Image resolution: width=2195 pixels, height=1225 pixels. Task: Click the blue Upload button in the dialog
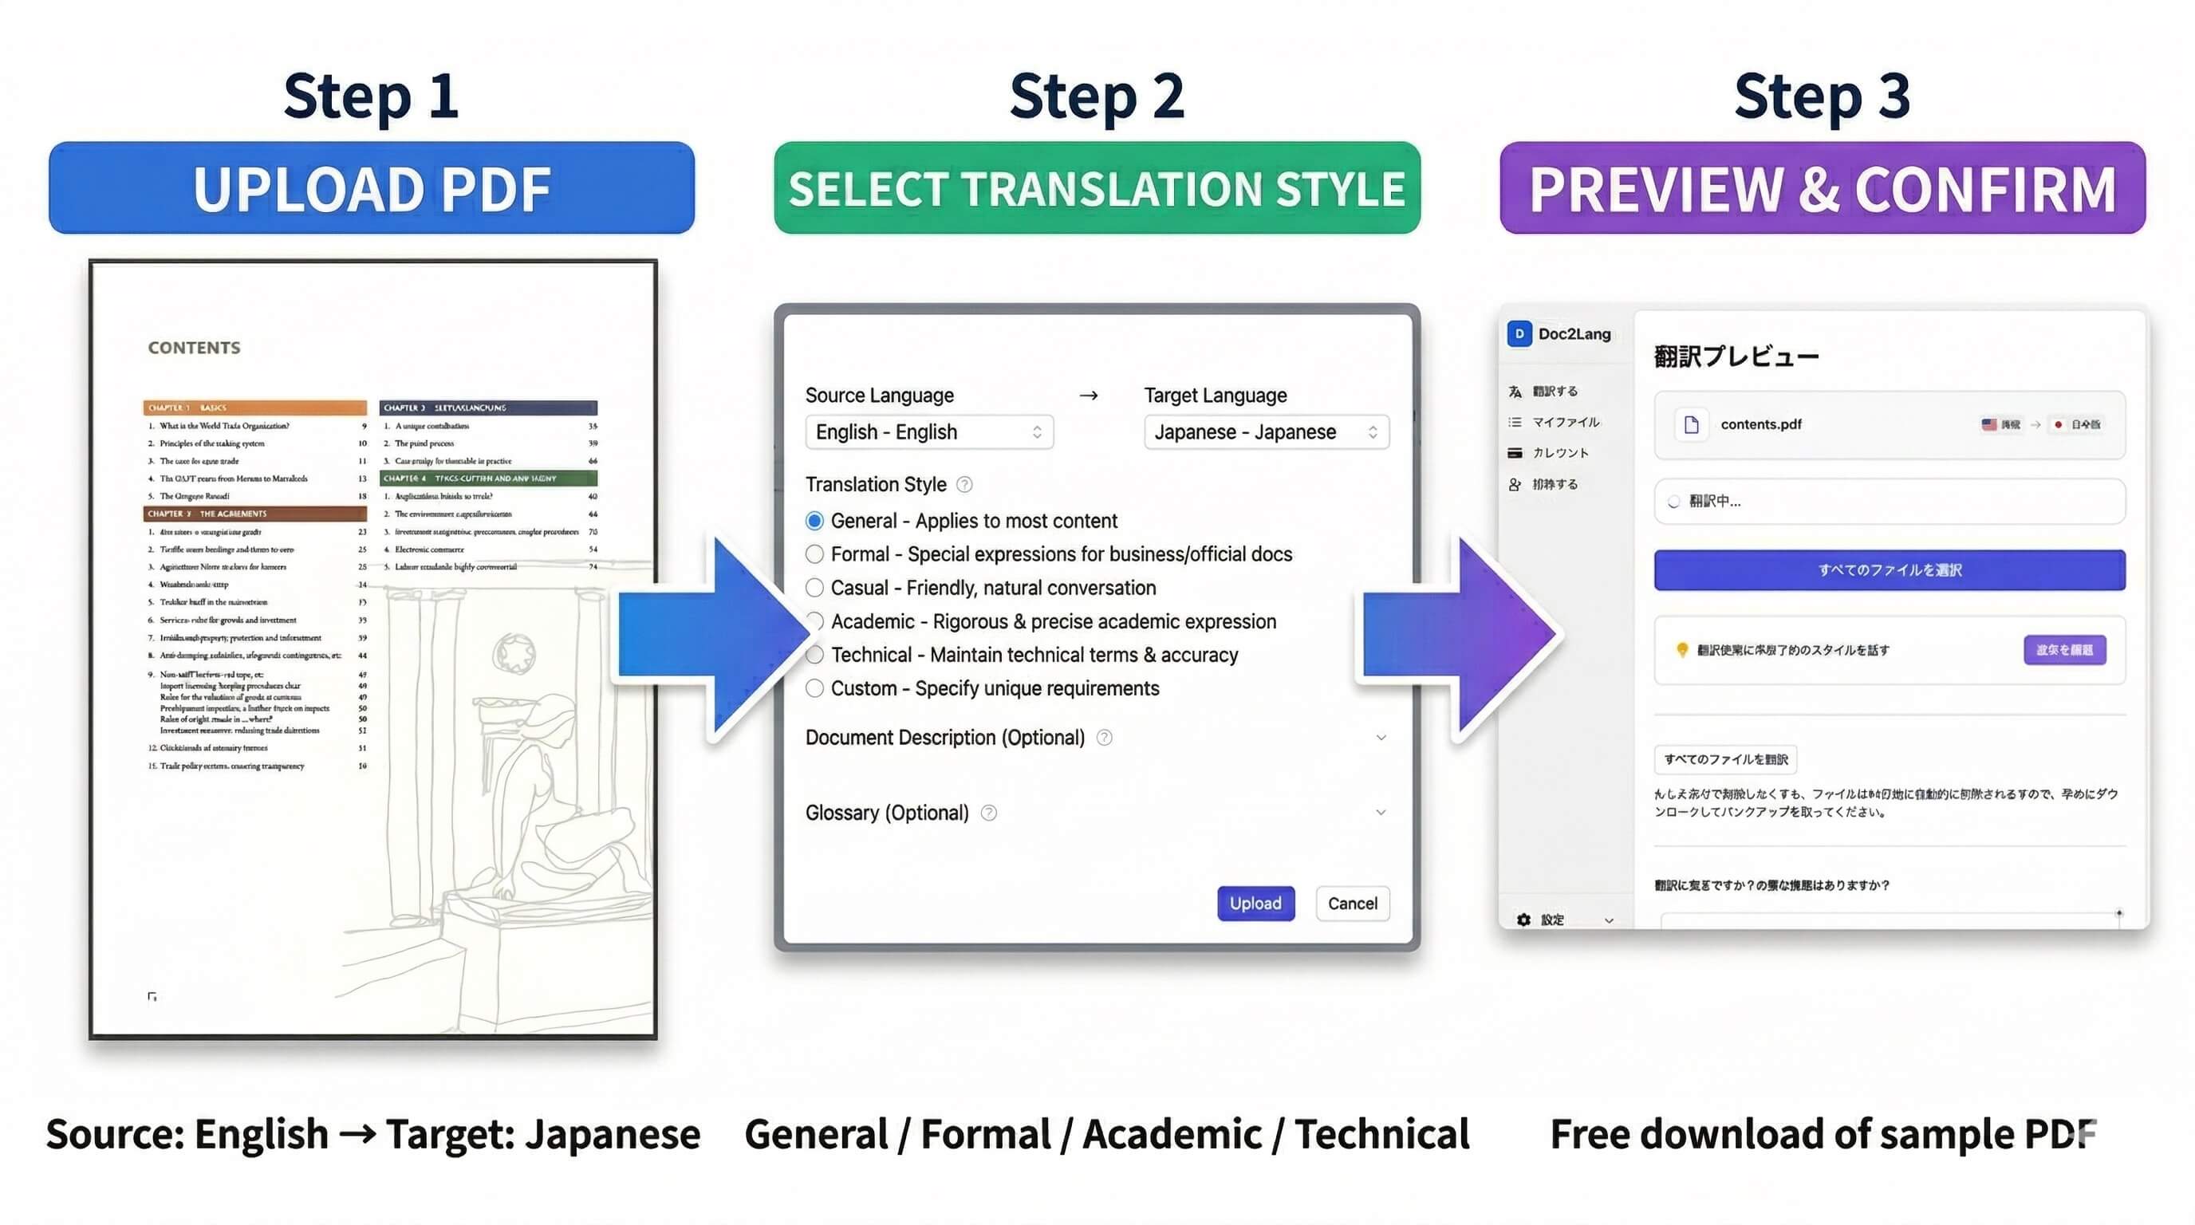[x=1255, y=903]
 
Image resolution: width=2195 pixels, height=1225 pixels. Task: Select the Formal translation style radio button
[x=814, y=554]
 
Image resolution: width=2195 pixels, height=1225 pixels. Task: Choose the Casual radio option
[x=814, y=588]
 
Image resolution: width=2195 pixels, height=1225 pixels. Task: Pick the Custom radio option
[x=814, y=688]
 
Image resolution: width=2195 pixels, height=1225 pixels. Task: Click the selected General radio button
[x=814, y=521]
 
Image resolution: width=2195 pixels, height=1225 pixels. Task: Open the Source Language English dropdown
[x=928, y=432]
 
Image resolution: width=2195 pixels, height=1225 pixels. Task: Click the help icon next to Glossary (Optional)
[x=988, y=813]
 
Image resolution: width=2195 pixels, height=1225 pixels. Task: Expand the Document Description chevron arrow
[x=1381, y=738]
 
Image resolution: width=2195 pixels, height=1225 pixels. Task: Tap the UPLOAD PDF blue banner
[x=372, y=188]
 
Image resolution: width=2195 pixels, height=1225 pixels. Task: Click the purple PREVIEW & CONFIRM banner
[x=1822, y=188]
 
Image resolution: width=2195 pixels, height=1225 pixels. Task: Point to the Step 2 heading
[x=1097, y=96]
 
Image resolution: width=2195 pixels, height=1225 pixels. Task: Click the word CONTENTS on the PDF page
[x=195, y=348]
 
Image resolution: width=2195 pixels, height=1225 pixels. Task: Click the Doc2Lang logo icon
[x=1519, y=334]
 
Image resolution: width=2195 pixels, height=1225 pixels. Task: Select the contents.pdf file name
[x=1760, y=424]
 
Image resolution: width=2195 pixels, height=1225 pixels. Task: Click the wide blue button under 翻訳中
[x=1889, y=570]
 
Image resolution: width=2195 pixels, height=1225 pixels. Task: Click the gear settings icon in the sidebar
[x=1523, y=920]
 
